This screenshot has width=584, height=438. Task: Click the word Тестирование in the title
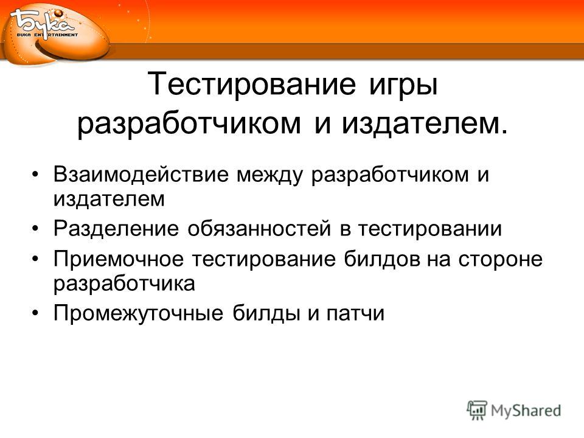pos(252,84)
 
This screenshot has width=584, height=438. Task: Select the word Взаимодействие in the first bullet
pos(141,175)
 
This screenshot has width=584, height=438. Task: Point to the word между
pos(269,175)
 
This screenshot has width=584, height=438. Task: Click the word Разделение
pos(116,228)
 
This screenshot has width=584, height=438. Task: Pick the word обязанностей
pos(259,228)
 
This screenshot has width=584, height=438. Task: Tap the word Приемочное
pos(119,259)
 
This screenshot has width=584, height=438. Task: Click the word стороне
pos(500,259)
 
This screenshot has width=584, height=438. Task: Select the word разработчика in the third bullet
pos(124,284)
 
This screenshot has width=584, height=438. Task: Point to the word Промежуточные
pos(138,313)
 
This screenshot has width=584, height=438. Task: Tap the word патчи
pos(355,314)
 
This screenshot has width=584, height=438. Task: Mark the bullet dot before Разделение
pos(35,229)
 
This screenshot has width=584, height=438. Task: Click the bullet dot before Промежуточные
pos(35,314)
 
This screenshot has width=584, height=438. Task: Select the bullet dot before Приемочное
pos(35,260)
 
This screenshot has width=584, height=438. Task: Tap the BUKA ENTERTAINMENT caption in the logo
pos(47,35)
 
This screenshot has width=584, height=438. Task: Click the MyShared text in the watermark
pos(526,411)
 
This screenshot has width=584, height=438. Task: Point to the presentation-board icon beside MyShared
pos(477,410)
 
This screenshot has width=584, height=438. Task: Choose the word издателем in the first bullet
pos(109,199)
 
